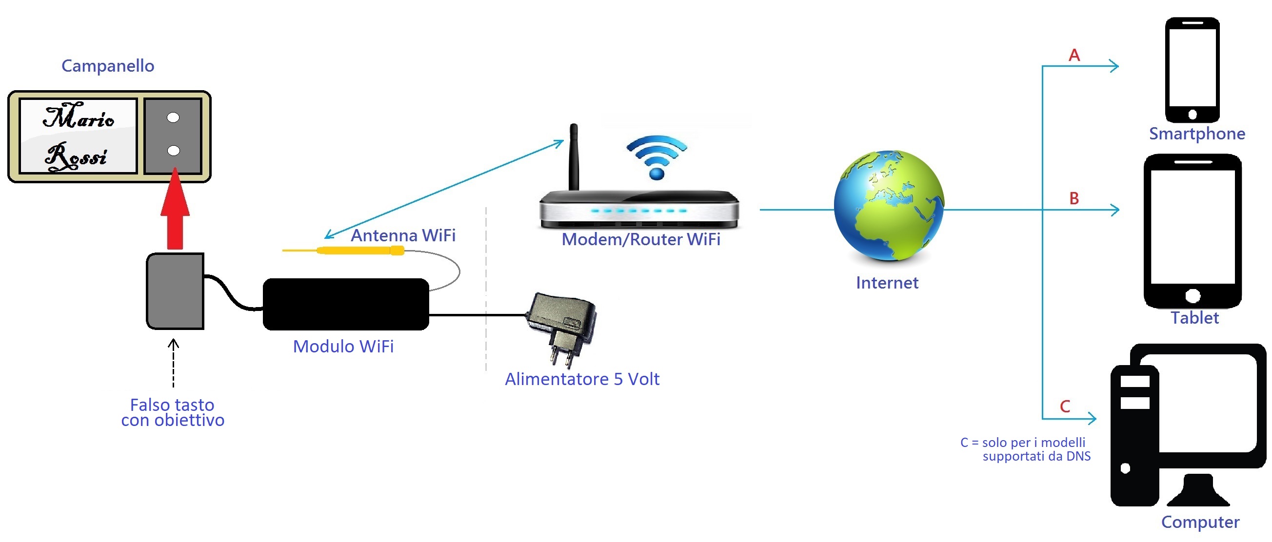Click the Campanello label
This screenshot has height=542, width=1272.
108,66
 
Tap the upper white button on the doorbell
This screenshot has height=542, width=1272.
173,117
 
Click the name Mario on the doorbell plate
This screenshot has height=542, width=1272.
79,116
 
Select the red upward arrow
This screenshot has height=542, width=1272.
175,210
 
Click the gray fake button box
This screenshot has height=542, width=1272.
175,291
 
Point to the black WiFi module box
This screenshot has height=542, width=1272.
346,304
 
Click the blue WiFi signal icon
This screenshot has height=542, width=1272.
656,157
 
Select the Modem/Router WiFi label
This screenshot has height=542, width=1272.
641,240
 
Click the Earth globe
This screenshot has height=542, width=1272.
888,205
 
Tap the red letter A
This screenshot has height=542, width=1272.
1074,55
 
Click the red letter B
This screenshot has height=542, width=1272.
1074,198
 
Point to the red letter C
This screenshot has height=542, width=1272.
1065,406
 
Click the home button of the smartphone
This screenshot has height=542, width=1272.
1192,115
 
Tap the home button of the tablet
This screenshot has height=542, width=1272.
1192,296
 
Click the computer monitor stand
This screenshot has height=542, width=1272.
1198,491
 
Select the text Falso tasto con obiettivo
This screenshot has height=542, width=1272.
172,413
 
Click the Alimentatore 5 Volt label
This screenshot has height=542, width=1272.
582,379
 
